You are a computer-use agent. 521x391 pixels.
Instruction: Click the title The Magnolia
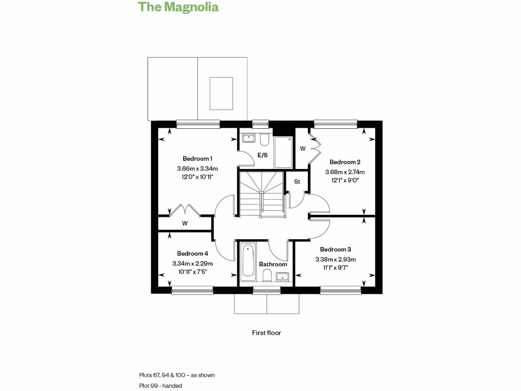(179, 7)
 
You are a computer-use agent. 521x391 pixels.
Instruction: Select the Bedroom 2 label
(345, 162)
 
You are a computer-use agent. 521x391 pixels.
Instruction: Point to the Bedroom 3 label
(335, 249)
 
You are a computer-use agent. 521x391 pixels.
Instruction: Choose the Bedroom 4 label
(192, 254)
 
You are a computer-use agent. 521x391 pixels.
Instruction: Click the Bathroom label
(273, 264)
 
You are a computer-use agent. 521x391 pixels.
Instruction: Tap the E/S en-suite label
(263, 155)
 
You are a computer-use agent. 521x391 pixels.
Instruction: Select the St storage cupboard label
(297, 181)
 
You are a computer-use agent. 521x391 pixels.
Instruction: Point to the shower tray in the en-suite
(283, 152)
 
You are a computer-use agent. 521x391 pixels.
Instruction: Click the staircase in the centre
(260, 193)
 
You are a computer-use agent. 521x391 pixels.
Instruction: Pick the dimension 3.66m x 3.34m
(197, 169)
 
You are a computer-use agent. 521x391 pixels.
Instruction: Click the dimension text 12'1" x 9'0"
(345, 180)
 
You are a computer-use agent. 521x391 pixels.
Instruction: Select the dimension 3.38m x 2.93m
(335, 259)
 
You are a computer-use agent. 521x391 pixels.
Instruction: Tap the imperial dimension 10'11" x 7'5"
(192, 272)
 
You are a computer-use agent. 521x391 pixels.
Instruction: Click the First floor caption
(267, 333)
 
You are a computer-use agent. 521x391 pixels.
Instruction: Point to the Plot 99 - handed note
(161, 386)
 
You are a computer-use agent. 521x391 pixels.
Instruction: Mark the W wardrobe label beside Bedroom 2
(302, 149)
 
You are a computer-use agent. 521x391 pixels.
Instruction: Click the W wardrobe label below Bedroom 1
(184, 223)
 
